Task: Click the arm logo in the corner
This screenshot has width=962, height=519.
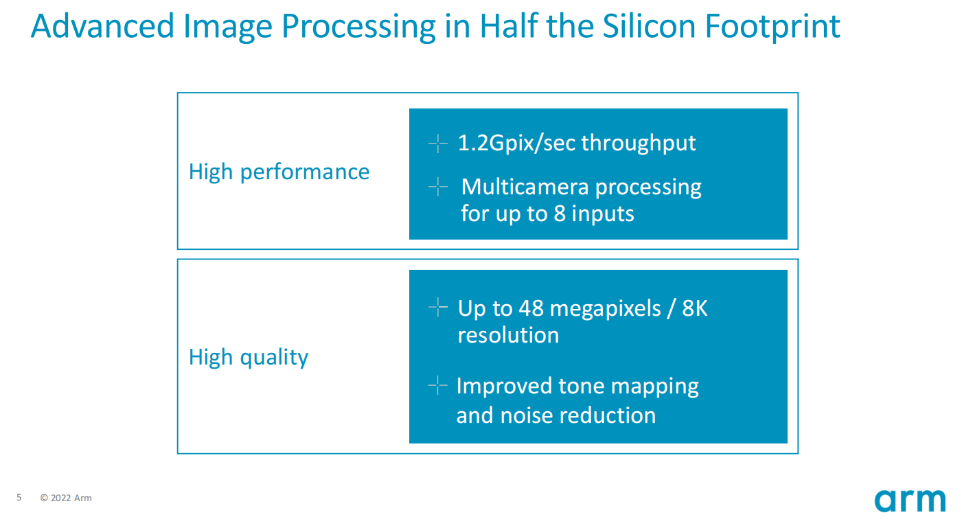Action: coord(910,500)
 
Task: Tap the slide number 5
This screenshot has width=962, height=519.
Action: coord(19,498)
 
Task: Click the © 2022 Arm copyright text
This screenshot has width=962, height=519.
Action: coord(66,498)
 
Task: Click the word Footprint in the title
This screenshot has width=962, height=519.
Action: coord(772,27)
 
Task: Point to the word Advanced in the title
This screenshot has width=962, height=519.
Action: coord(102,26)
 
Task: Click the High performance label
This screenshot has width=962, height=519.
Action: coord(279,172)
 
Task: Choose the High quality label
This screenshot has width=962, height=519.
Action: coord(249,357)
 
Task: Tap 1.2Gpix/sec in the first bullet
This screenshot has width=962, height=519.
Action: coord(516,143)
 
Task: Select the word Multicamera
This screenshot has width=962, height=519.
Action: coord(525,187)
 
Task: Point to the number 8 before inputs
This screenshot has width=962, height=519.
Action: coord(559,214)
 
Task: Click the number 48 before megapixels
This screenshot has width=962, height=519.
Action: coord(531,308)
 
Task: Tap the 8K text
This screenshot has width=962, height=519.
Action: coord(694,308)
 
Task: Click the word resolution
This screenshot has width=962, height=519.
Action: coord(509,335)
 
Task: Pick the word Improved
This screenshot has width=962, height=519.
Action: coord(504,387)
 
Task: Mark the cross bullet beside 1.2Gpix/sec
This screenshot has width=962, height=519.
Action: coord(437,143)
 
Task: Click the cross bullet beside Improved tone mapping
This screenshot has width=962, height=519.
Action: coord(437,385)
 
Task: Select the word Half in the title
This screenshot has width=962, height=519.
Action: coord(508,26)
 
